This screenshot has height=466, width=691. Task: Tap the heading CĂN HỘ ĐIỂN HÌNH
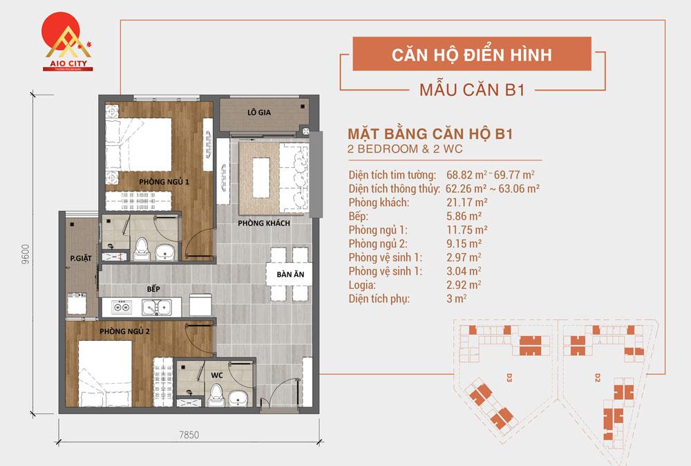click(x=472, y=55)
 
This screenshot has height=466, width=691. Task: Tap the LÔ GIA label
click(x=258, y=113)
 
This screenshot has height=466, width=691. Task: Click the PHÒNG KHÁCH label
click(x=263, y=223)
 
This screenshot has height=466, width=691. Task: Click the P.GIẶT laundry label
click(x=80, y=260)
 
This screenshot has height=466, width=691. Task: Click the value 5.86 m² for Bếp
click(x=464, y=216)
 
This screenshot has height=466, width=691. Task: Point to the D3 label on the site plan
click(x=508, y=378)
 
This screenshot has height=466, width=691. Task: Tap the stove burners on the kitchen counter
click(x=122, y=306)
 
